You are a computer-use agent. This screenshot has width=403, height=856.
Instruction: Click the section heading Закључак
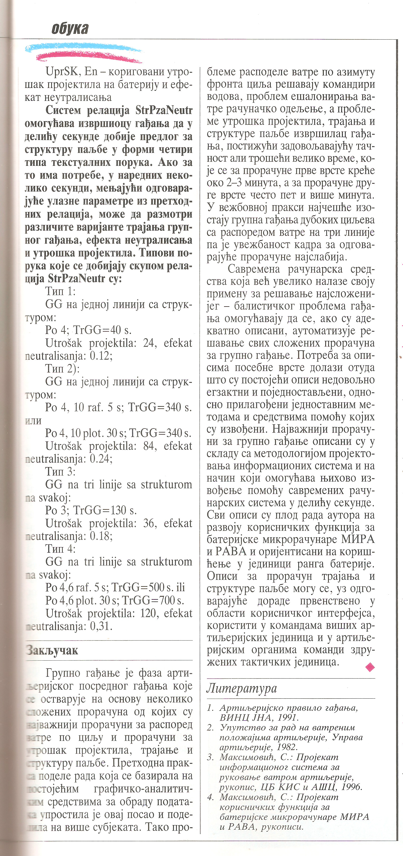pos(52,650)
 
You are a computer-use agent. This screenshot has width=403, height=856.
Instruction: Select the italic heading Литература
pos(241,688)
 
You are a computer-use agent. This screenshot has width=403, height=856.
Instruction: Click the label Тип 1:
pos(60,291)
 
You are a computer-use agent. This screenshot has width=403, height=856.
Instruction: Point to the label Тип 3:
pos(60,472)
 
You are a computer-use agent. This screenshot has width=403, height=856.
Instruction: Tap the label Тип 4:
pos(60,549)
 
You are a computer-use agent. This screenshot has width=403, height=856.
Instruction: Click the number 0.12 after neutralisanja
pos(100,356)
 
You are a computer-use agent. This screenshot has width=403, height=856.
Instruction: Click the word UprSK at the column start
pos(62,72)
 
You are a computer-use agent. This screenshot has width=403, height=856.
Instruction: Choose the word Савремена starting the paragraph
pos(254,269)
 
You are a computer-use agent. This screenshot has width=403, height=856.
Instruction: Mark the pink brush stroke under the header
pos(90,57)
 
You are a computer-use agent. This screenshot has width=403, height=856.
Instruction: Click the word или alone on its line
pos(33,420)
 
